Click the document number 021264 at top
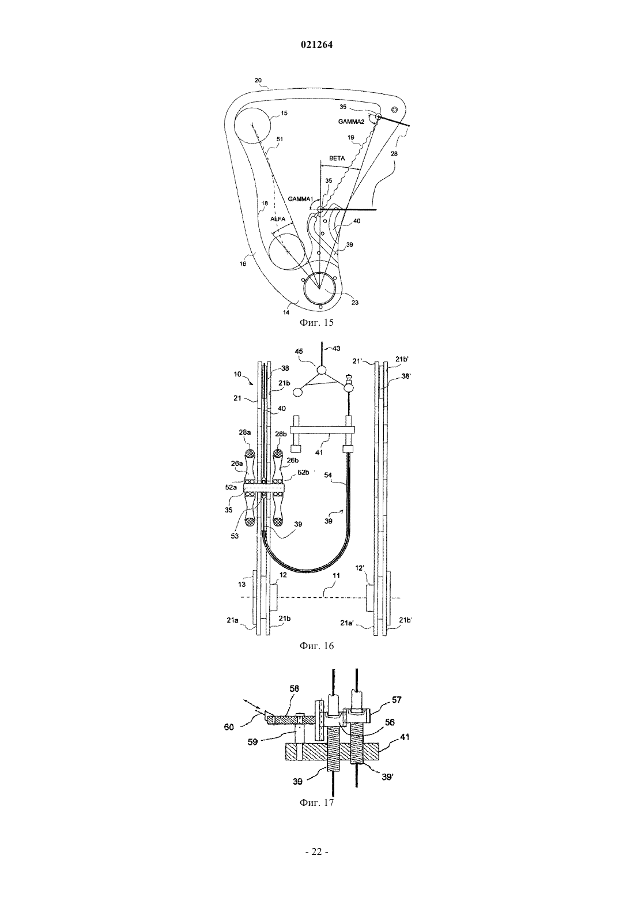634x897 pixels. coord(316,45)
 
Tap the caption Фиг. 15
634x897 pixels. coord(316,322)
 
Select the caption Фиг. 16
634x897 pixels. coord(316,646)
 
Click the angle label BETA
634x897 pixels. coord(337,158)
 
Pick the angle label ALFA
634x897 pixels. coord(278,219)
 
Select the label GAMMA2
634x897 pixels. coord(351,122)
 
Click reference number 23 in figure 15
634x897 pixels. coord(354,303)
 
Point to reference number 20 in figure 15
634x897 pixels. coord(258,81)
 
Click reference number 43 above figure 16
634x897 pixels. coord(336,349)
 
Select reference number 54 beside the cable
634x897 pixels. coord(327,475)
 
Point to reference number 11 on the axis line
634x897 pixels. coord(336,575)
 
